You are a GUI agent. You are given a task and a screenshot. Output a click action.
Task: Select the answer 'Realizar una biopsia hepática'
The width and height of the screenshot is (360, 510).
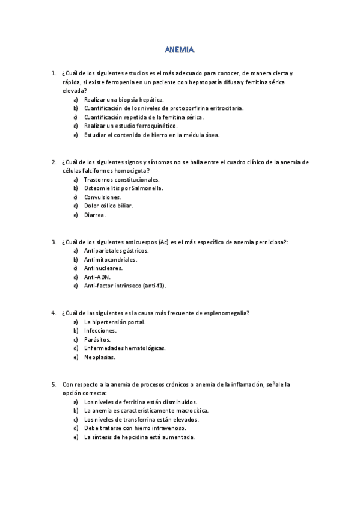[124, 99]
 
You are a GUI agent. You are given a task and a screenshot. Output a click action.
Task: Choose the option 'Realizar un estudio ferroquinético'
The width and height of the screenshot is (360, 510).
[130, 126]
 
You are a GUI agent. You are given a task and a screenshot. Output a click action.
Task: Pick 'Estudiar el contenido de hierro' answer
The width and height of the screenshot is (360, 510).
[151, 135]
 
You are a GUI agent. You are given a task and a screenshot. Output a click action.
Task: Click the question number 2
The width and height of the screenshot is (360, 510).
[54, 162]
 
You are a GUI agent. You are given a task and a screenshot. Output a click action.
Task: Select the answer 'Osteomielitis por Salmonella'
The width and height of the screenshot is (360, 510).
[123, 188]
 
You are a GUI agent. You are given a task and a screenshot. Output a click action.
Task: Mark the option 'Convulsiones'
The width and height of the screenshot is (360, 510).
[102, 197]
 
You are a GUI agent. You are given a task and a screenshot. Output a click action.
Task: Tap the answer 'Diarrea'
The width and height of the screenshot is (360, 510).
[95, 215]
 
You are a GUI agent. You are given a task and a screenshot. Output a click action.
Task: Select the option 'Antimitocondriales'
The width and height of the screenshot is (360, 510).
[111, 259]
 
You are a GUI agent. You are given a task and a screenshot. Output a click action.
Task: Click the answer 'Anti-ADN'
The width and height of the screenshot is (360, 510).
[97, 277]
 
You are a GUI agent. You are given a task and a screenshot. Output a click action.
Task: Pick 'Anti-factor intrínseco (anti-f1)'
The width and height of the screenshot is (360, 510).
[125, 286]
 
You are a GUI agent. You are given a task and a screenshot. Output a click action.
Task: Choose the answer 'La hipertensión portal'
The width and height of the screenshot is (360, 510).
[115, 322]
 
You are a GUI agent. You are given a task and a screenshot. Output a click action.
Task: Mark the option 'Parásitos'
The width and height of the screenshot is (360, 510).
[97, 339]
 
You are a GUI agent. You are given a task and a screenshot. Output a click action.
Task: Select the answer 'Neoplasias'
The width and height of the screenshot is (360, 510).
[100, 357]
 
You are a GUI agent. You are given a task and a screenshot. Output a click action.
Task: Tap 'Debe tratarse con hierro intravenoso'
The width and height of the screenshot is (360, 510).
[135, 428]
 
